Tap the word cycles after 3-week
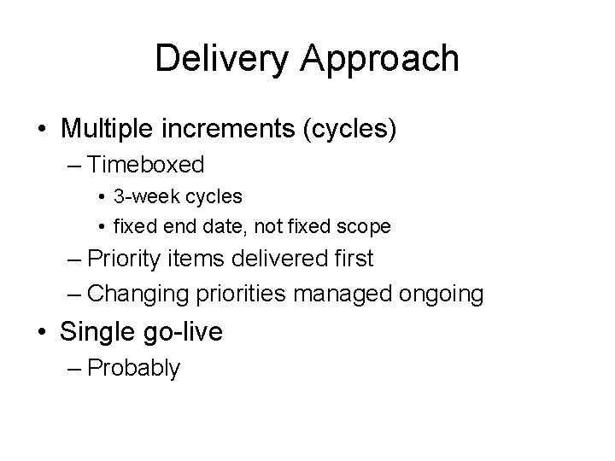point(214,196)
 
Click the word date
point(225,227)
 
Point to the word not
point(274,227)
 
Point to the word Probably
point(133,369)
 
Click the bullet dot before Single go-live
point(42,332)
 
